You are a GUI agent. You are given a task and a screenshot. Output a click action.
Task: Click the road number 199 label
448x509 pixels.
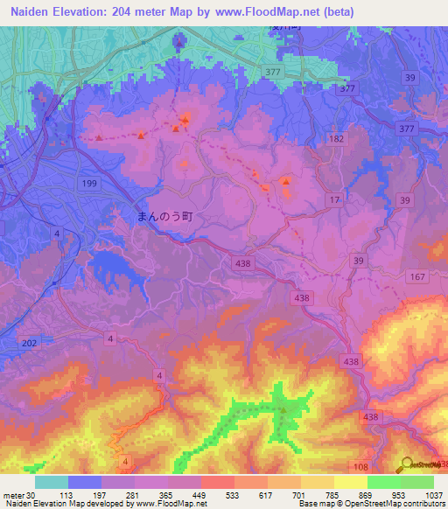pyautogui.click(x=89, y=182)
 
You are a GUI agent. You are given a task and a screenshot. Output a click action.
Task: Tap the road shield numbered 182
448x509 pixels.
pyautogui.click(x=338, y=139)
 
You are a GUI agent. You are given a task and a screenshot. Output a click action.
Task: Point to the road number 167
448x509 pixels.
pyautogui.click(x=416, y=277)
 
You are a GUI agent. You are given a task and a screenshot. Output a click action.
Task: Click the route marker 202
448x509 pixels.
pyautogui.click(x=29, y=344)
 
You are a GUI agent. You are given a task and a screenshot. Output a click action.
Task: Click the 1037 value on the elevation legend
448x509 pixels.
pyautogui.click(x=433, y=493)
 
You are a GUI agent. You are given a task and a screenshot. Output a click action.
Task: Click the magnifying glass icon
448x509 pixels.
pyautogui.click(x=406, y=465)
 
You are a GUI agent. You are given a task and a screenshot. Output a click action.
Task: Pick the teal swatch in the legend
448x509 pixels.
pyautogui.click(x=52, y=482)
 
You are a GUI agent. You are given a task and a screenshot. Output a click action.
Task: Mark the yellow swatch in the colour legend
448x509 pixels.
pyautogui.click(x=350, y=482)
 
